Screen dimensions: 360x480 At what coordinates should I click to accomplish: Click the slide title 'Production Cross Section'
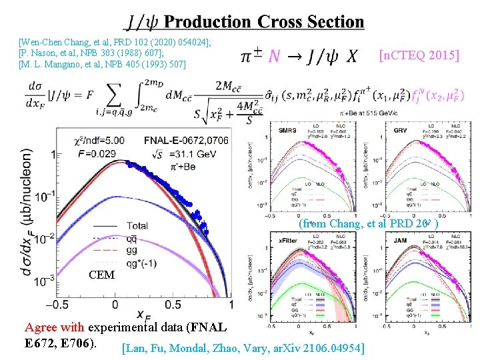[264, 22]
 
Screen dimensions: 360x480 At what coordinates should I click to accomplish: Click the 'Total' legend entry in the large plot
[137, 226]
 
